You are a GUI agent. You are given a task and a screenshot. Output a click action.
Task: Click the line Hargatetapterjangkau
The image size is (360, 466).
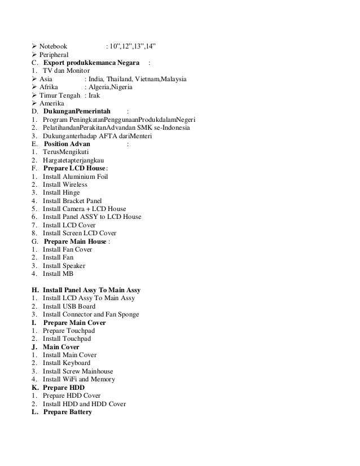[x=76, y=160]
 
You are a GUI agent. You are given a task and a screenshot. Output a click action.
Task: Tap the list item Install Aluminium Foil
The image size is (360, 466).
[x=75, y=177]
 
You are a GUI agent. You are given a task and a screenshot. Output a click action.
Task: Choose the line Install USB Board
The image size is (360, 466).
[x=71, y=306]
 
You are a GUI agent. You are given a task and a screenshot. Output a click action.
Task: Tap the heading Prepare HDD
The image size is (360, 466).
[x=64, y=388]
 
